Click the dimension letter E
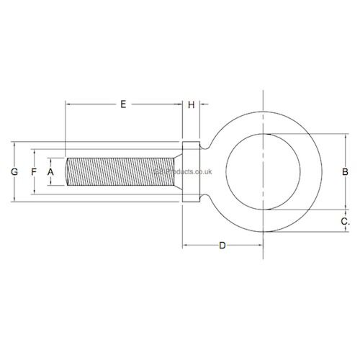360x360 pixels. [123, 105]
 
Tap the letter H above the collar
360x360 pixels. [192, 105]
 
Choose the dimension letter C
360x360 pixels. [345, 222]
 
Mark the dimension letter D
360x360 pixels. [222, 246]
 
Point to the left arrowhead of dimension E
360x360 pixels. [68, 105]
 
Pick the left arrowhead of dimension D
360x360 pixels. [185, 246]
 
